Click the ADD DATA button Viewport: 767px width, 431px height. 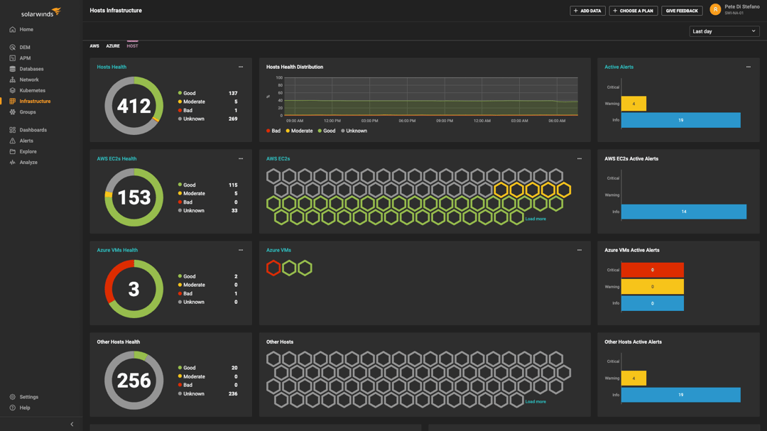point(587,11)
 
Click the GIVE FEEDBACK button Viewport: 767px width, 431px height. point(682,11)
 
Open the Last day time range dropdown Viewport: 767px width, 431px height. point(724,31)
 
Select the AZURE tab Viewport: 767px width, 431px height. point(113,46)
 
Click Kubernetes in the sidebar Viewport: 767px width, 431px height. point(32,91)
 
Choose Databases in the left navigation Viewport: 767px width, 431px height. point(31,69)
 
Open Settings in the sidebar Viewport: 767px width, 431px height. point(28,397)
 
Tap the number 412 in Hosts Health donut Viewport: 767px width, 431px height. point(134,106)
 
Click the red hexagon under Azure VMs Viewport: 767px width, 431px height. point(273,268)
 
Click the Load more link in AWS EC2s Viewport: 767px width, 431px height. point(535,219)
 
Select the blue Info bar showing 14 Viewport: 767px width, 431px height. point(683,212)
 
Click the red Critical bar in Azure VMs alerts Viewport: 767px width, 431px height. point(652,270)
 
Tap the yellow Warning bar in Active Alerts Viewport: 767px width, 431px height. point(633,104)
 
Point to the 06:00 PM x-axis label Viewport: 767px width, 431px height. point(407,121)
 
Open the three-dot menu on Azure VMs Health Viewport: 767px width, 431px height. point(241,250)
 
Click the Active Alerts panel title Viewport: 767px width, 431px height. point(619,67)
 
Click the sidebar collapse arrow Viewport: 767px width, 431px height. point(72,424)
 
